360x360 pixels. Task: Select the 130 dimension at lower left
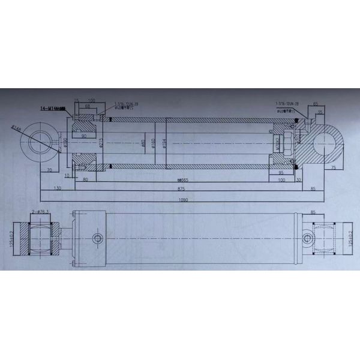(x=57, y=188)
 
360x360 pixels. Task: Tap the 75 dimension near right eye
(x=333, y=169)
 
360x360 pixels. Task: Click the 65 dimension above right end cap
(x=316, y=104)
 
